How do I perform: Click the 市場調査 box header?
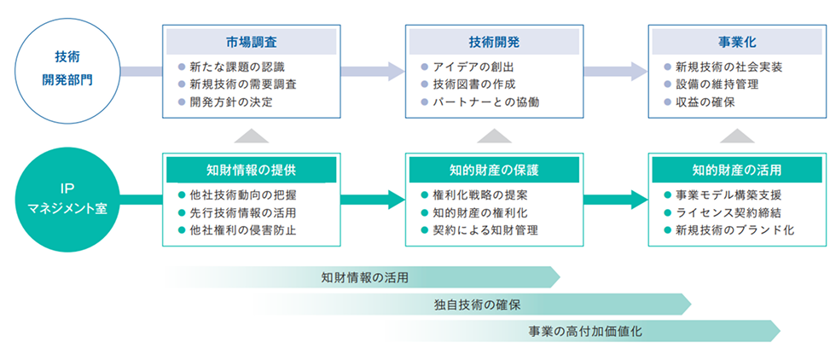[252, 41]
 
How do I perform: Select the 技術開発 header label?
[494, 41]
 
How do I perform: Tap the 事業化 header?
[738, 41]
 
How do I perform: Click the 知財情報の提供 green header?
[251, 169]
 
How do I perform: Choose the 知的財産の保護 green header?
[494, 169]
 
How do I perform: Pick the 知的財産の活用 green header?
[738, 169]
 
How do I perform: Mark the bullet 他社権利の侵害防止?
[243, 230]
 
